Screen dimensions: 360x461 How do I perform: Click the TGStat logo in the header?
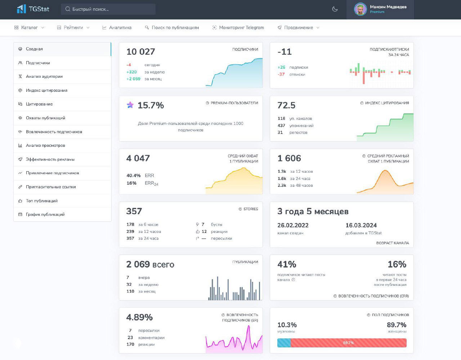pyautogui.click(x=33, y=9)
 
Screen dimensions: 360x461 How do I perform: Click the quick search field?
pyautogui.click(x=108, y=9)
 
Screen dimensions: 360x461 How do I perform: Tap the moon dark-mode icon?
pyautogui.click(x=335, y=9)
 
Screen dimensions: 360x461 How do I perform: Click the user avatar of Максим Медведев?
pyautogui.click(x=360, y=9)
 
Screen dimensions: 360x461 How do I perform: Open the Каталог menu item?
pyautogui.click(x=29, y=28)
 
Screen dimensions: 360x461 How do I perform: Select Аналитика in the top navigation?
pyautogui.click(x=120, y=28)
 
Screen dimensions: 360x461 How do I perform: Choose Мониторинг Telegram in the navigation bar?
pyautogui.click(x=241, y=28)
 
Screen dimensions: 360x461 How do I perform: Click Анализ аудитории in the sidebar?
pyautogui.click(x=44, y=76)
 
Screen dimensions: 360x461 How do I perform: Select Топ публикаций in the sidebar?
pyautogui.click(x=41, y=201)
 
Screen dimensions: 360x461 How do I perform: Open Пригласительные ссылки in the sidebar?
pyautogui.click(x=51, y=187)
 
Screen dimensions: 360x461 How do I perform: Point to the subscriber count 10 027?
pyautogui.click(x=140, y=52)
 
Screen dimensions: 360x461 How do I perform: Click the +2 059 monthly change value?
pyautogui.click(x=133, y=79)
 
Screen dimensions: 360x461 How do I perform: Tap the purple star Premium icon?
pyautogui.click(x=130, y=105)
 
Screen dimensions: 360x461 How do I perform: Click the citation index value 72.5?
pyautogui.click(x=286, y=105)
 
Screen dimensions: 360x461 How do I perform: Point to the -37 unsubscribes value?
pyautogui.click(x=281, y=75)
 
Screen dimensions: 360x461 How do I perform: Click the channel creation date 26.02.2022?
pyautogui.click(x=293, y=225)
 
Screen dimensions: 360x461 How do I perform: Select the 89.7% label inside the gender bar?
pyautogui.click(x=348, y=343)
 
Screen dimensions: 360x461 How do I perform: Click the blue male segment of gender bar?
pyautogui.click(x=284, y=343)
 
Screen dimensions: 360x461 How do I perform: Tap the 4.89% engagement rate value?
pyautogui.click(x=139, y=318)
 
